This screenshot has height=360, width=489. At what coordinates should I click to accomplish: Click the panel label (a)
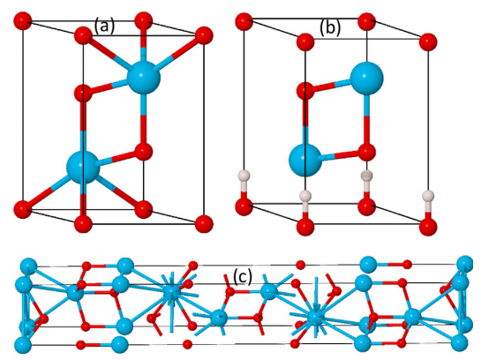[105, 26]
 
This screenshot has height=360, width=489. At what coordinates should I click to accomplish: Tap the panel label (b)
[330, 28]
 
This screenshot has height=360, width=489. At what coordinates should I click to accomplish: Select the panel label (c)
[243, 276]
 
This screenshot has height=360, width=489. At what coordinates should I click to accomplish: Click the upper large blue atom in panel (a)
[144, 78]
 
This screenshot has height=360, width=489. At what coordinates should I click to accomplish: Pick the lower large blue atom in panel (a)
[83, 168]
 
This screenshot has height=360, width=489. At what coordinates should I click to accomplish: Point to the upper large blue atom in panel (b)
[367, 78]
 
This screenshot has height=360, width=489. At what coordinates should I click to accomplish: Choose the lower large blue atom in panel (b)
[305, 161]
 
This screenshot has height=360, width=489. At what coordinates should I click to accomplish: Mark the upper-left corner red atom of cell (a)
[23, 21]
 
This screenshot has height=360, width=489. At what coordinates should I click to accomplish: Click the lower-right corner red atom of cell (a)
[204, 224]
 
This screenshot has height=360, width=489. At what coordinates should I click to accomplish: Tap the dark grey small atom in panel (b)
[367, 176]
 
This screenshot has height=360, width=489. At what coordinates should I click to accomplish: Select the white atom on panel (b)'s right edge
[428, 196]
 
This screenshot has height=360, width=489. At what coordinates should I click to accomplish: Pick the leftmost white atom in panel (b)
[244, 176]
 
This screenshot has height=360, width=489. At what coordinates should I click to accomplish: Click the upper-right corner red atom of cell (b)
[428, 41]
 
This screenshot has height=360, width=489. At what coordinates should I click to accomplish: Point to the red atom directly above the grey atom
[367, 152]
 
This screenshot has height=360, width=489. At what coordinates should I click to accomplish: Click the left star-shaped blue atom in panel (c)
[171, 292]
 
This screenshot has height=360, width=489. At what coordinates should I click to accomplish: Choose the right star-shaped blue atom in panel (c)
[315, 317]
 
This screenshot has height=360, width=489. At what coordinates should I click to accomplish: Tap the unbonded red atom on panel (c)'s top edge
[301, 265]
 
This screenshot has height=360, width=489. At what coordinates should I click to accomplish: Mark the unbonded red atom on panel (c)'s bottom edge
[187, 344]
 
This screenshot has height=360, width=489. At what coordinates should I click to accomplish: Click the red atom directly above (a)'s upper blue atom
[144, 21]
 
